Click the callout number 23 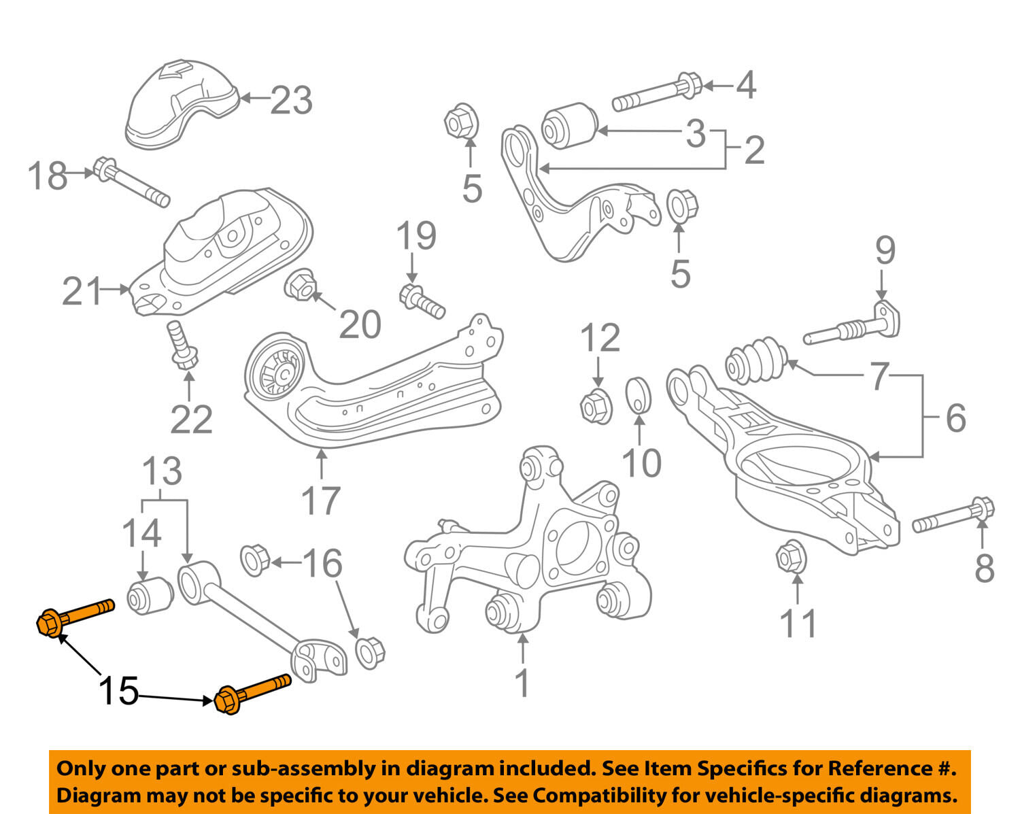[292, 101]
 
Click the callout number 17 [320, 501]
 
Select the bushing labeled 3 [568, 124]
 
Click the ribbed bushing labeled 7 [755, 358]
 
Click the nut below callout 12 [596, 405]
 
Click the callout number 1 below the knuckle [522, 683]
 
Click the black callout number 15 [119, 691]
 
